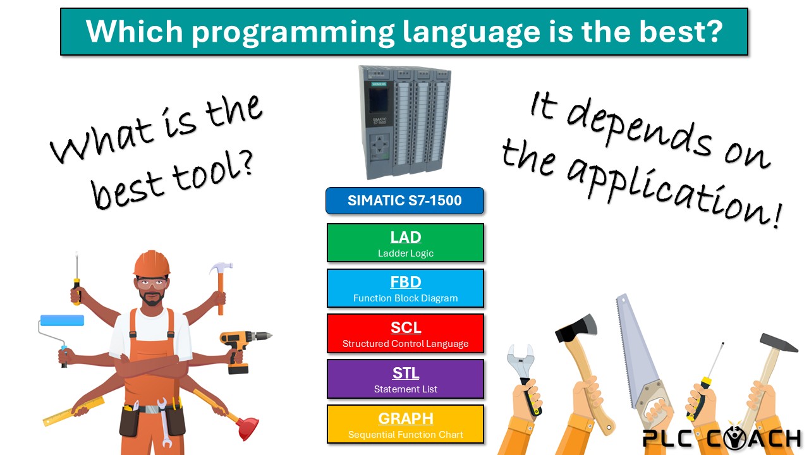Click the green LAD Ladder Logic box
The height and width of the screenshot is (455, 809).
[405, 243]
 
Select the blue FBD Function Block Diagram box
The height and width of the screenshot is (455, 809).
[405, 288]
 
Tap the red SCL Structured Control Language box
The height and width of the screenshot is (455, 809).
[405, 333]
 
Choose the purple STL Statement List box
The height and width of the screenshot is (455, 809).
[405, 379]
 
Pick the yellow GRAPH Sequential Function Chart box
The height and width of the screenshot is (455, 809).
[405, 424]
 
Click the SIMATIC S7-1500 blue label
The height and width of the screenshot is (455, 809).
[405, 201]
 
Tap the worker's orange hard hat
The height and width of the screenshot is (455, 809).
[152, 264]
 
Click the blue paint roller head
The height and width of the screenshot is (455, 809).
[62, 320]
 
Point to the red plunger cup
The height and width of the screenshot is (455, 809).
[247, 428]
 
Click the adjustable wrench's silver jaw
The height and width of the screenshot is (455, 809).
[520, 360]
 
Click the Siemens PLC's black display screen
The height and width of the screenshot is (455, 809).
[378, 100]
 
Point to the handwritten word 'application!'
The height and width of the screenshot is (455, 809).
[672, 191]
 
